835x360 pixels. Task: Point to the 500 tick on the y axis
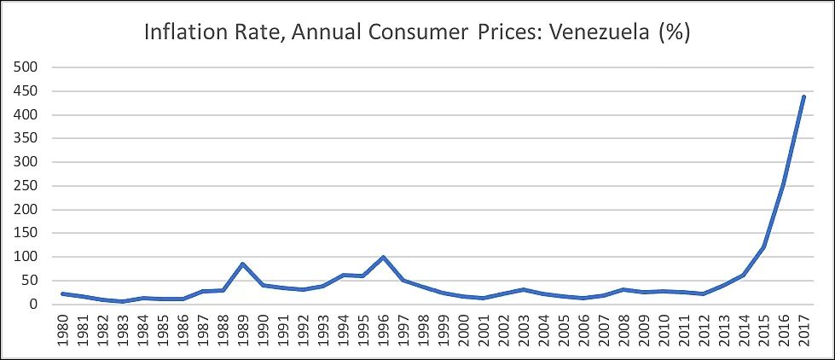[x=28, y=67]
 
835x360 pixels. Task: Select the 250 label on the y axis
[x=28, y=186]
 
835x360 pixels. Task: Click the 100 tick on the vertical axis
[x=28, y=257]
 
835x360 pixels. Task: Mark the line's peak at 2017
[x=803, y=96]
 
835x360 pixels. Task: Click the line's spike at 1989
[x=243, y=264]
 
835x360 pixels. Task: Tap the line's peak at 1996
[x=383, y=257]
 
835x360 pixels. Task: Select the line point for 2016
[x=783, y=183]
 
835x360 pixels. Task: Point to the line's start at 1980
[x=63, y=293]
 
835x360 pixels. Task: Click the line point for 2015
[x=763, y=247]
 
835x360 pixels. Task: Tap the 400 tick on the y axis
[x=28, y=115]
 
